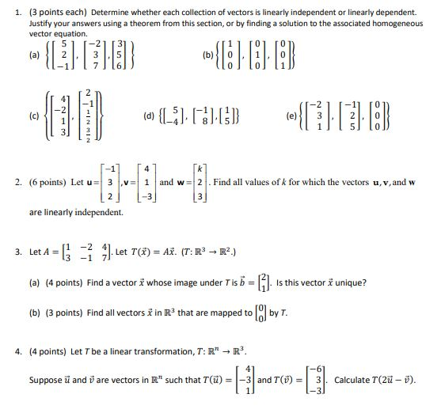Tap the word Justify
click(42, 25)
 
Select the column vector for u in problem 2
click(113, 182)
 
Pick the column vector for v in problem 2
click(146, 182)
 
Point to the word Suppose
click(44, 380)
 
